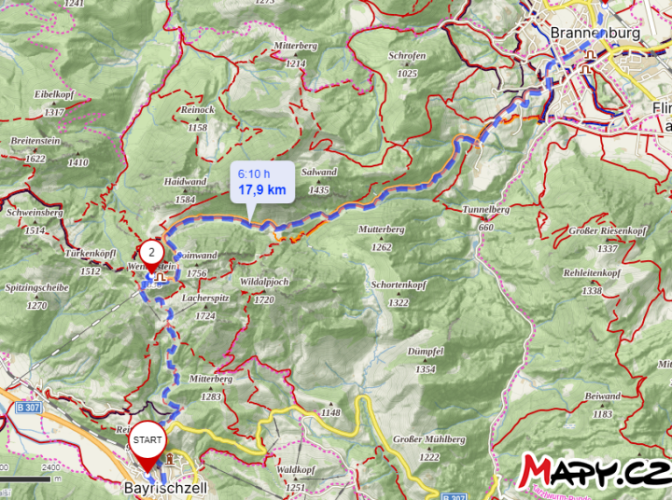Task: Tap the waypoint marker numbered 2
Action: click(152, 253)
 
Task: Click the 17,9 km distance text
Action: click(261, 189)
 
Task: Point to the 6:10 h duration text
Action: click(254, 174)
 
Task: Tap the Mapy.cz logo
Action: click(596, 470)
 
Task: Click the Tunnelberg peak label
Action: click(485, 210)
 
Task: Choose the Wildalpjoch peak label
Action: click(265, 281)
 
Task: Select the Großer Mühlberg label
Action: click(428, 438)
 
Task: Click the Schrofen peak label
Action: click(407, 55)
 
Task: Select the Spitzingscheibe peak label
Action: click(36, 288)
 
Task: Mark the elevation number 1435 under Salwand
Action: click(319, 190)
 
